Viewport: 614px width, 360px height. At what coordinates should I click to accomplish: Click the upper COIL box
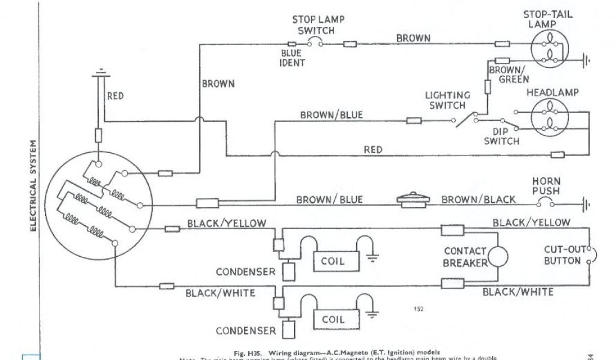coord(337,260)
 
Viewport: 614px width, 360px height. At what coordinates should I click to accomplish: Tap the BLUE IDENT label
coord(293,58)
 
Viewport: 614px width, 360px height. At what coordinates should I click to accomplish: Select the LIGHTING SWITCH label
coord(447,100)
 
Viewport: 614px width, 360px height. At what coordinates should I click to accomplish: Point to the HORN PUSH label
coord(546,186)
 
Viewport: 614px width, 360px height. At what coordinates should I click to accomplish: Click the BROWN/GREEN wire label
coord(508,74)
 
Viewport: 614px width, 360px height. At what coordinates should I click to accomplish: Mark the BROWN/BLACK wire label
coord(478,200)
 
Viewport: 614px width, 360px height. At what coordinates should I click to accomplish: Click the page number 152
coord(419,309)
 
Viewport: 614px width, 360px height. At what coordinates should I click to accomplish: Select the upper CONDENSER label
coord(246,271)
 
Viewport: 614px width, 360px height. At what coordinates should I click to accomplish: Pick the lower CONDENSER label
coord(246,330)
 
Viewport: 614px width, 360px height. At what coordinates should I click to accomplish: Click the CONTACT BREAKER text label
coord(465,256)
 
